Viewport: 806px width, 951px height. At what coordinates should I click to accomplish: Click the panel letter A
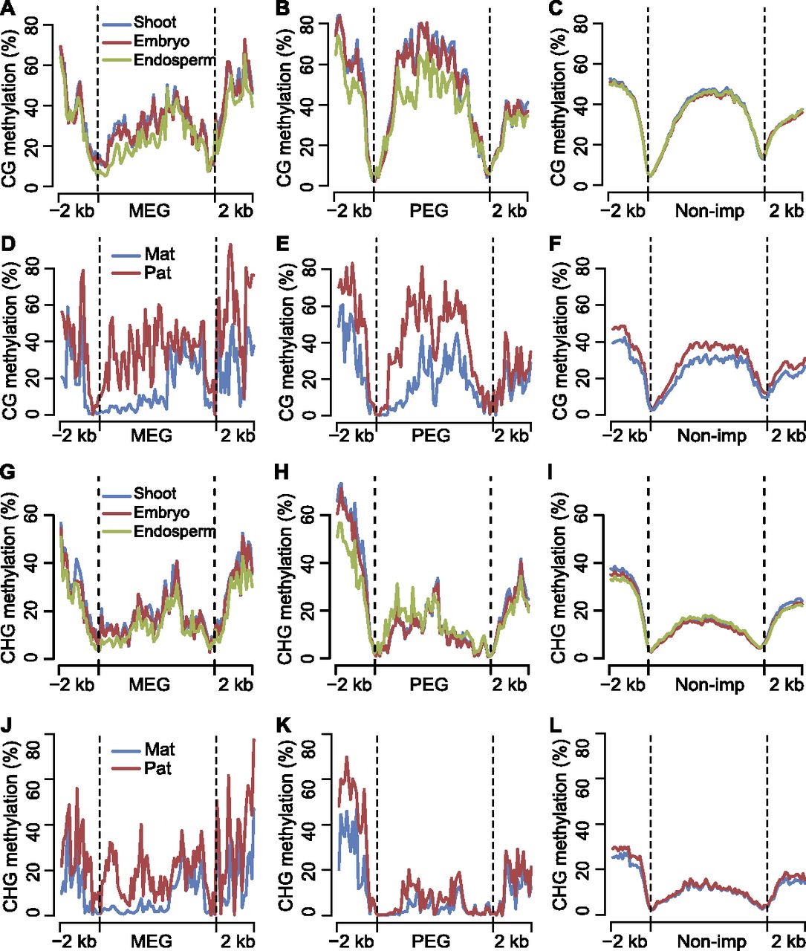point(9,8)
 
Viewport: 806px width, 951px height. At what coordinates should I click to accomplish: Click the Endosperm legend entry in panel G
point(159,532)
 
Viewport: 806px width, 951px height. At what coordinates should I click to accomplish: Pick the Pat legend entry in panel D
point(142,273)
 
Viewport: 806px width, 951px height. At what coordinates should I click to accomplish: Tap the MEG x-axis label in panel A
point(149,211)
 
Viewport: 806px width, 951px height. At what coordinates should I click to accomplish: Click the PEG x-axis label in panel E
point(431,435)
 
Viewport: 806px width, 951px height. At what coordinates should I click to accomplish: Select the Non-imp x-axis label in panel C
point(709,211)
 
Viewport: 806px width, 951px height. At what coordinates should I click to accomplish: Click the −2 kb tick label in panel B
point(349,211)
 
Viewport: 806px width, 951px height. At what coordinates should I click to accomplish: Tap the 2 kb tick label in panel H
point(510,685)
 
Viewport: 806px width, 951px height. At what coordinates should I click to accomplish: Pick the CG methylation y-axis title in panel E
point(287,344)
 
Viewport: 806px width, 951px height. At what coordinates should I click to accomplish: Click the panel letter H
point(281,473)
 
